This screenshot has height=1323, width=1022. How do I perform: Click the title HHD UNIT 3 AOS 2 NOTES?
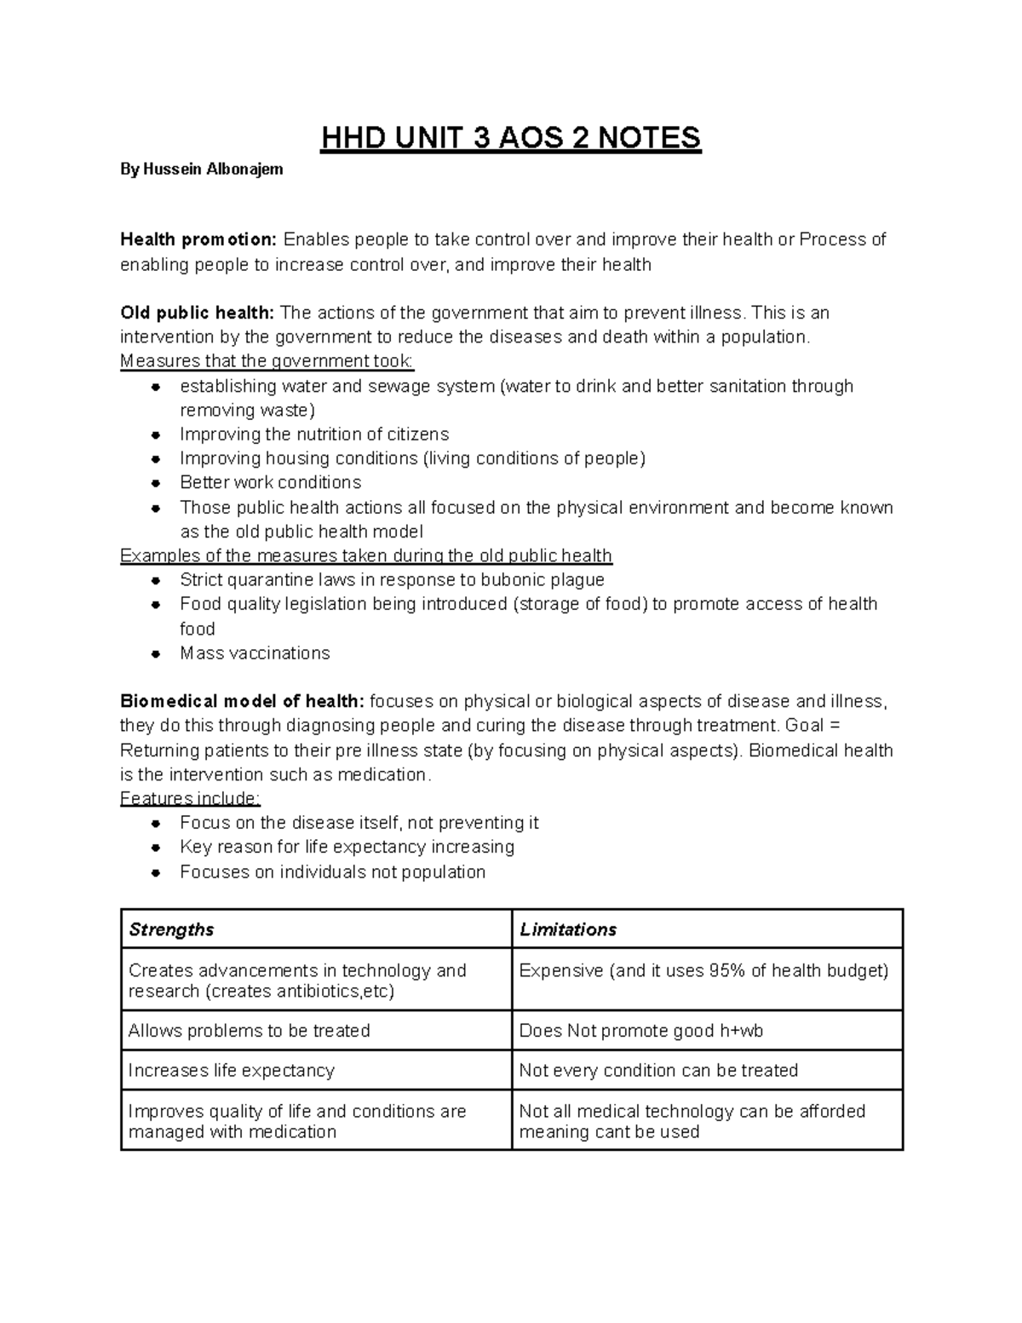tap(510, 138)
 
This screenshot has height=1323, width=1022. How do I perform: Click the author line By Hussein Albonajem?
tap(201, 170)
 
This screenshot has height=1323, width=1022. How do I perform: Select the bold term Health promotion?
tap(198, 240)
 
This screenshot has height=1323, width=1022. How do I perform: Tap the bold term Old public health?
tap(197, 313)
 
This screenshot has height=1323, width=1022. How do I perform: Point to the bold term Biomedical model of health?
tap(243, 702)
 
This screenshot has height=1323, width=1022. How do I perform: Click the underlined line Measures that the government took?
tap(267, 361)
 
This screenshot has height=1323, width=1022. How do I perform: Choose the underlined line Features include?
tap(191, 798)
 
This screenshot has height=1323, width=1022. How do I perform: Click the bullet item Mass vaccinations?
tap(255, 653)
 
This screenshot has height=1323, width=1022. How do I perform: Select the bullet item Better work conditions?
tap(270, 482)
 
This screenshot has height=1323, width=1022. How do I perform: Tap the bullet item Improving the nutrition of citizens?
tap(314, 434)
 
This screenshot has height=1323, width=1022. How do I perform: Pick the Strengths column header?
tap(171, 929)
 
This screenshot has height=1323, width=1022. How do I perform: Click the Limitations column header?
tap(568, 929)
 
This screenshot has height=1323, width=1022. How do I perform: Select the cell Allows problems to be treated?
tap(249, 1031)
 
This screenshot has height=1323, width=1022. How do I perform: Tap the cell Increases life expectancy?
tap(231, 1071)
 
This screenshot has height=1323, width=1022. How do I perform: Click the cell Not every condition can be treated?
tap(658, 1071)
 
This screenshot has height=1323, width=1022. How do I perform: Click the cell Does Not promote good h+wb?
tap(640, 1031)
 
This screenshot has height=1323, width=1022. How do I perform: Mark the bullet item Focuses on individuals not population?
tap(332, 872)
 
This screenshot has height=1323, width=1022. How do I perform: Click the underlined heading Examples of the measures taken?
tap(366, 556)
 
